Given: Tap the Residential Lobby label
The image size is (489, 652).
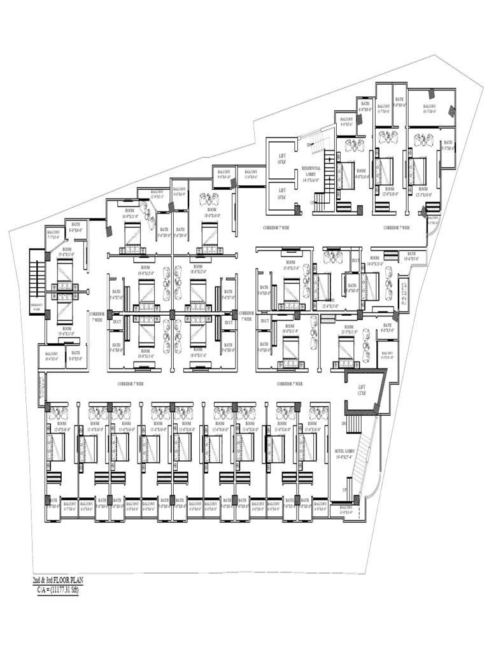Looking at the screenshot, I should click(x=312, y=173).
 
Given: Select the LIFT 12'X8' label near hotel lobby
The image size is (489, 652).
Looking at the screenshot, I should click(x=362, y=390).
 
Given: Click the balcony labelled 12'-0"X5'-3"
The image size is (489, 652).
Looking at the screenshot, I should click(x=157, y=194).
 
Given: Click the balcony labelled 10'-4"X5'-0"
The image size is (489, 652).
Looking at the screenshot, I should click(x=51, y=356).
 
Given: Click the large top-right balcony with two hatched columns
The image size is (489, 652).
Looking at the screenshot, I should click(x=430, y=108).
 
